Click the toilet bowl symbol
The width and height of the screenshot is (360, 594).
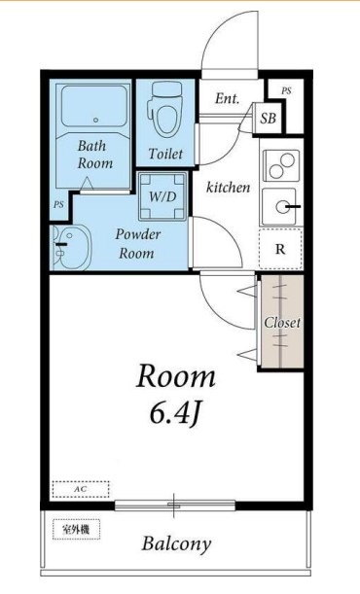click(x=166, y=110)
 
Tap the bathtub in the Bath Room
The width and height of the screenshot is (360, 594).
click(x=94, y=106)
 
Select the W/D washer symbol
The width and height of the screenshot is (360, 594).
click(x=162, y=196)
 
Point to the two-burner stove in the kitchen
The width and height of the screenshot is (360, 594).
click(x=281, y=165)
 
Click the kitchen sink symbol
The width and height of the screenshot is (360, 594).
click(x=280, y=206)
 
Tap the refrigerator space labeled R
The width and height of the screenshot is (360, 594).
click(x=280, y=249)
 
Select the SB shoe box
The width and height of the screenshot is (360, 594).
click(x=268, y=119)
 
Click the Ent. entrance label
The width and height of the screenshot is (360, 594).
click(x=228, y=99)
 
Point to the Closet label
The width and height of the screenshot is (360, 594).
click(x=282, y=323)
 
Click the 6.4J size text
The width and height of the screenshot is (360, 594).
click(x=174, y=414)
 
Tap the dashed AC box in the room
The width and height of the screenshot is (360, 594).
click(x=81, y=489)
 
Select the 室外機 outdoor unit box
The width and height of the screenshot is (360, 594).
click(x=76, y=529)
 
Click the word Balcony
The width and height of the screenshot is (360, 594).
click(x=176, y=544)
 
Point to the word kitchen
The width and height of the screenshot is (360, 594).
click(x=228, y=187)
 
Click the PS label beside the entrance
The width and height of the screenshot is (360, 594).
click(x=286, y=91)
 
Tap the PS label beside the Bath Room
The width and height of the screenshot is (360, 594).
click(x=58, y=204)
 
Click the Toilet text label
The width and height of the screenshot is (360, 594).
click(x=165, y=154)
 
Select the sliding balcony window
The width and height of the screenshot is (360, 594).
click(x=175, y=506)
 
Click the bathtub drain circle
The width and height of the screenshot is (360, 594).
click(x=96, y=121)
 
